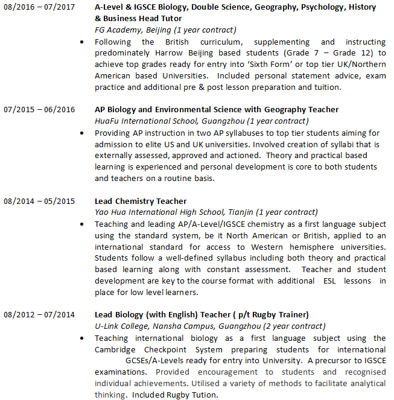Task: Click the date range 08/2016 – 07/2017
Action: click(39, 7)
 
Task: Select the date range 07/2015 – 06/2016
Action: click(39, 110)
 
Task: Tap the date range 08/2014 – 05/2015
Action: click(39, 201)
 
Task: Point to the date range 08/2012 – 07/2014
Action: click(39, 315)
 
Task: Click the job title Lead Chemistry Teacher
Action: click(141, 201)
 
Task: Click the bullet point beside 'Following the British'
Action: click(83, 42)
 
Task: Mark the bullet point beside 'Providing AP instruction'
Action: click(83, 133)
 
